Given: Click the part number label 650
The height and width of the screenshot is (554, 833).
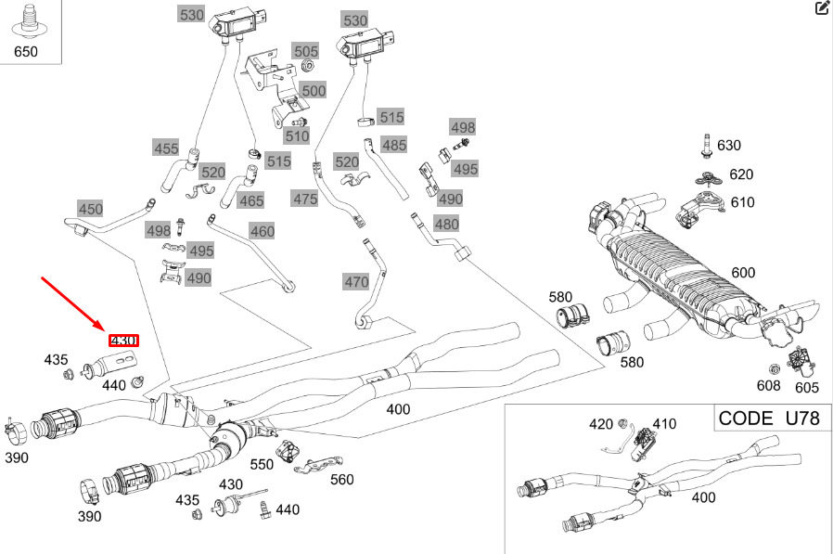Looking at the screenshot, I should (26, 51).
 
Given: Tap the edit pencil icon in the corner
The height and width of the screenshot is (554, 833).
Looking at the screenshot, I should (822, 8).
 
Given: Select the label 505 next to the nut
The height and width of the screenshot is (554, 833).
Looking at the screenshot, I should (306, 51).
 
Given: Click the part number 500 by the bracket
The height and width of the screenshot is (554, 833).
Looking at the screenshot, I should (314, 91).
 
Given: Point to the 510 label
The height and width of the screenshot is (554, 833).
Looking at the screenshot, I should (297, 136).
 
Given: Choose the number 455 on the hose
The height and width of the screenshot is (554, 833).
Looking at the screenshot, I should (166, 148).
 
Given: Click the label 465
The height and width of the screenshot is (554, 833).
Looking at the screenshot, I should (251, 200).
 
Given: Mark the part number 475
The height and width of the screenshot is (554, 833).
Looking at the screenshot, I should (305, 198).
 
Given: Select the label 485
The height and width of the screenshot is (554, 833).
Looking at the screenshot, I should (394, 145).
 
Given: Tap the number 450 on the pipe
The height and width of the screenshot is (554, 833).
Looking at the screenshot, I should (90, 209).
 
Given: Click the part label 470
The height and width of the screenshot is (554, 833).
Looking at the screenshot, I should (356, 281).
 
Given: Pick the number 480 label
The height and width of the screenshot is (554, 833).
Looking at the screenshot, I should (446, 224).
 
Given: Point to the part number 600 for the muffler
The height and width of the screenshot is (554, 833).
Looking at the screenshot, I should (743, 273).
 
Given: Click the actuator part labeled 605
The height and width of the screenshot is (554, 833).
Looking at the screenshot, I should (801, 360).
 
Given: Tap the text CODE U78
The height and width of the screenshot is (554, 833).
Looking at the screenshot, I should (769, 418).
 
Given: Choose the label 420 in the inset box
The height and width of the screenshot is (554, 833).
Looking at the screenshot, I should (601, 425).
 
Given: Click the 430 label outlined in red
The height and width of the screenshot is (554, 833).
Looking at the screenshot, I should (124, 341).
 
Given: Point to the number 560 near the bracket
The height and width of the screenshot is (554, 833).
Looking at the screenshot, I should (342, 480).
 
